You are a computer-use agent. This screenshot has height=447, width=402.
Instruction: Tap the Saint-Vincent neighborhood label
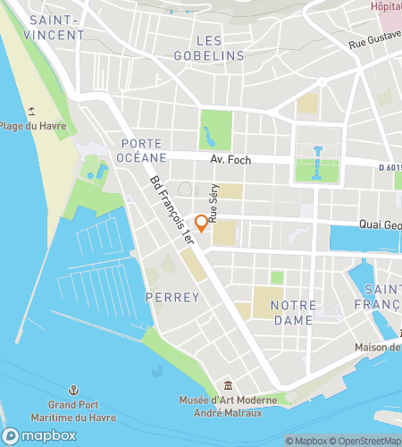[56, 27]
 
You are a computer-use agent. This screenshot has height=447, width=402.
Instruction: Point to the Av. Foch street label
[230, 160]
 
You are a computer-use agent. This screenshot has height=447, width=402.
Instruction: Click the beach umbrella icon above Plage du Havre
[31, 110]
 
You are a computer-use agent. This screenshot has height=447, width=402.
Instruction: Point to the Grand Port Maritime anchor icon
[76, 390]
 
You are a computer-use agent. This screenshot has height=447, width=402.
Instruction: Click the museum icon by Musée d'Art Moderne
[230, 384]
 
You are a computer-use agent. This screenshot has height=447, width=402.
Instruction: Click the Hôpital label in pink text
[386, 6]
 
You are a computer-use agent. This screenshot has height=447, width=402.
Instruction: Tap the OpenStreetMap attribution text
[365, 440]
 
